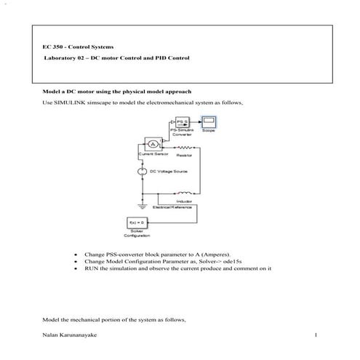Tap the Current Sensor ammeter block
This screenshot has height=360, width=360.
(x=151, y=141)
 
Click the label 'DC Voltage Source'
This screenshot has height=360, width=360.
(x=169, y=172)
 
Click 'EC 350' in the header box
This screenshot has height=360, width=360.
(x=53, y=47)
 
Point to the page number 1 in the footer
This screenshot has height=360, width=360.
(x=316, y=335)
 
